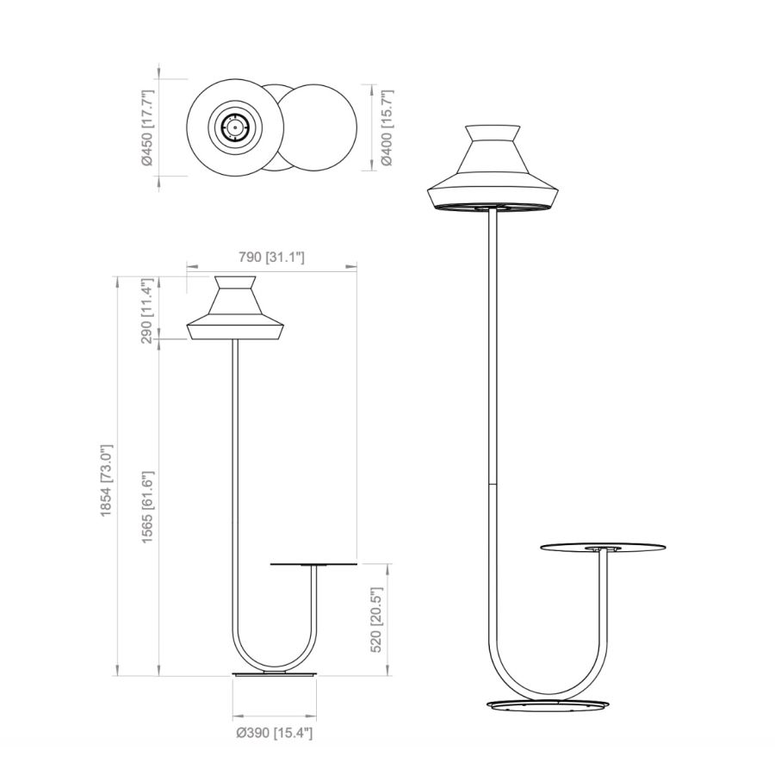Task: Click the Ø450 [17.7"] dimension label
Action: pos(148,127)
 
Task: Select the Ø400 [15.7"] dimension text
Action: pos(386,127)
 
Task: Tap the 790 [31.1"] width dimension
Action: pos(271,257)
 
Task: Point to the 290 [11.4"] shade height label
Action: pos(148,311)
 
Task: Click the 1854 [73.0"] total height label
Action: pos(108,480)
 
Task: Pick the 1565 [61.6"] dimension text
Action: pos(148,506)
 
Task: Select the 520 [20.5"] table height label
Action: pos(376,620)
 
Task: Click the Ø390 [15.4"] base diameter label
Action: pos(275,733)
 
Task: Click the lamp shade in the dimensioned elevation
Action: pos(235,308)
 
